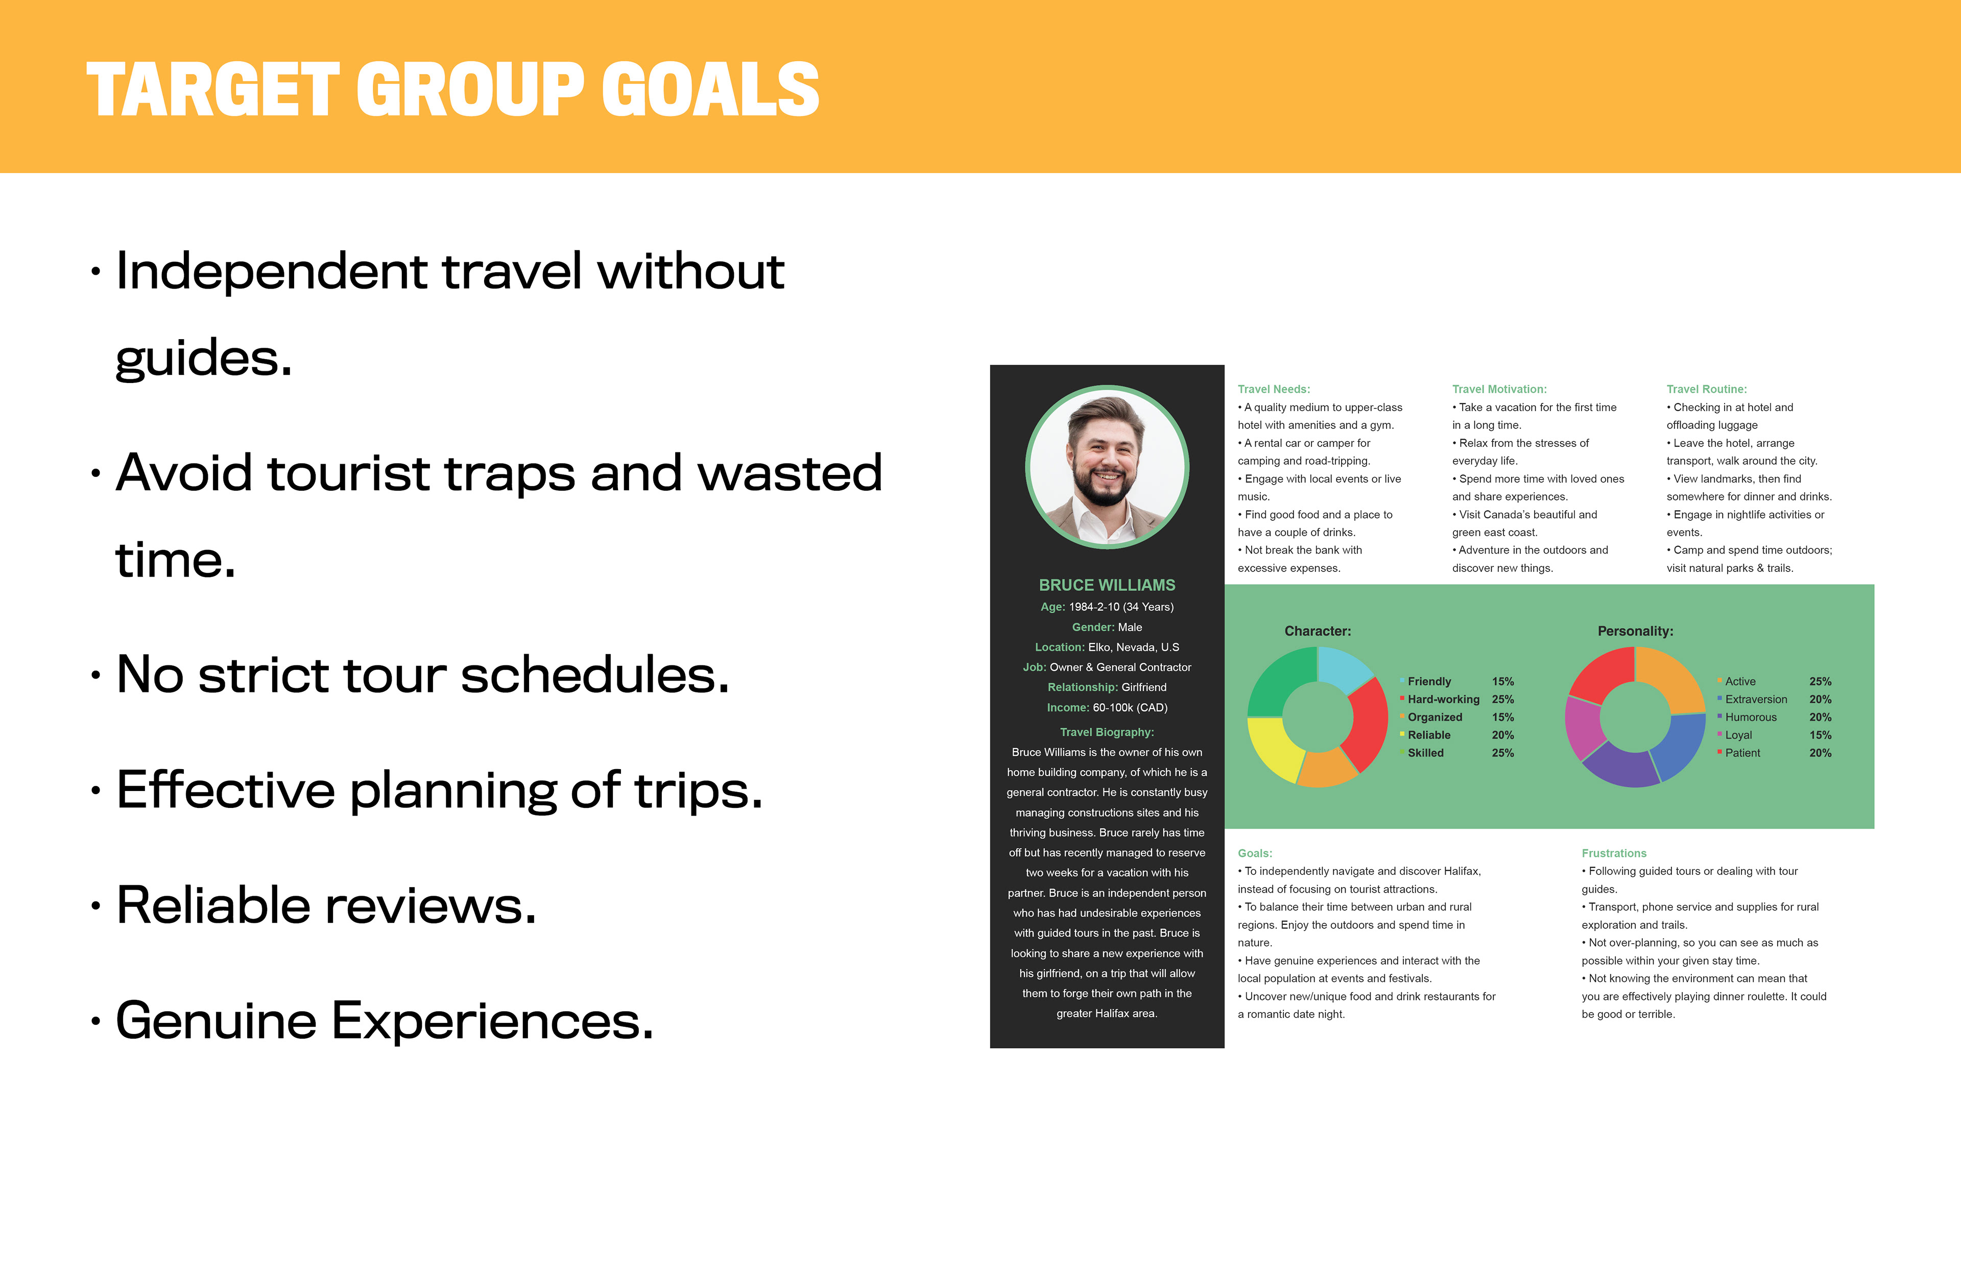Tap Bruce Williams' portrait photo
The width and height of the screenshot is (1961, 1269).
pos(1107,467)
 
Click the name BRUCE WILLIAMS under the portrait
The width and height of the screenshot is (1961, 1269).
pos(1107,585)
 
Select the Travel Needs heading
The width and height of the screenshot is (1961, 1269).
pos(1273,389)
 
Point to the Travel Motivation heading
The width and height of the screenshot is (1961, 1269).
pos(1499,389)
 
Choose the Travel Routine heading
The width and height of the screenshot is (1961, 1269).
pos(1706,389)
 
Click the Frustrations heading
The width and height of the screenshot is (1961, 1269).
pos(1613,853)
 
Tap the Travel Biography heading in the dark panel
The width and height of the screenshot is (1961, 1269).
pos(1107,732)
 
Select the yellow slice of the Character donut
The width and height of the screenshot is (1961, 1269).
pos(1274,748)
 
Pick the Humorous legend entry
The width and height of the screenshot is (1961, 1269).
pos(1747,717)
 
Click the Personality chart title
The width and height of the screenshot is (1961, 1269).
pos(1635,631)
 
